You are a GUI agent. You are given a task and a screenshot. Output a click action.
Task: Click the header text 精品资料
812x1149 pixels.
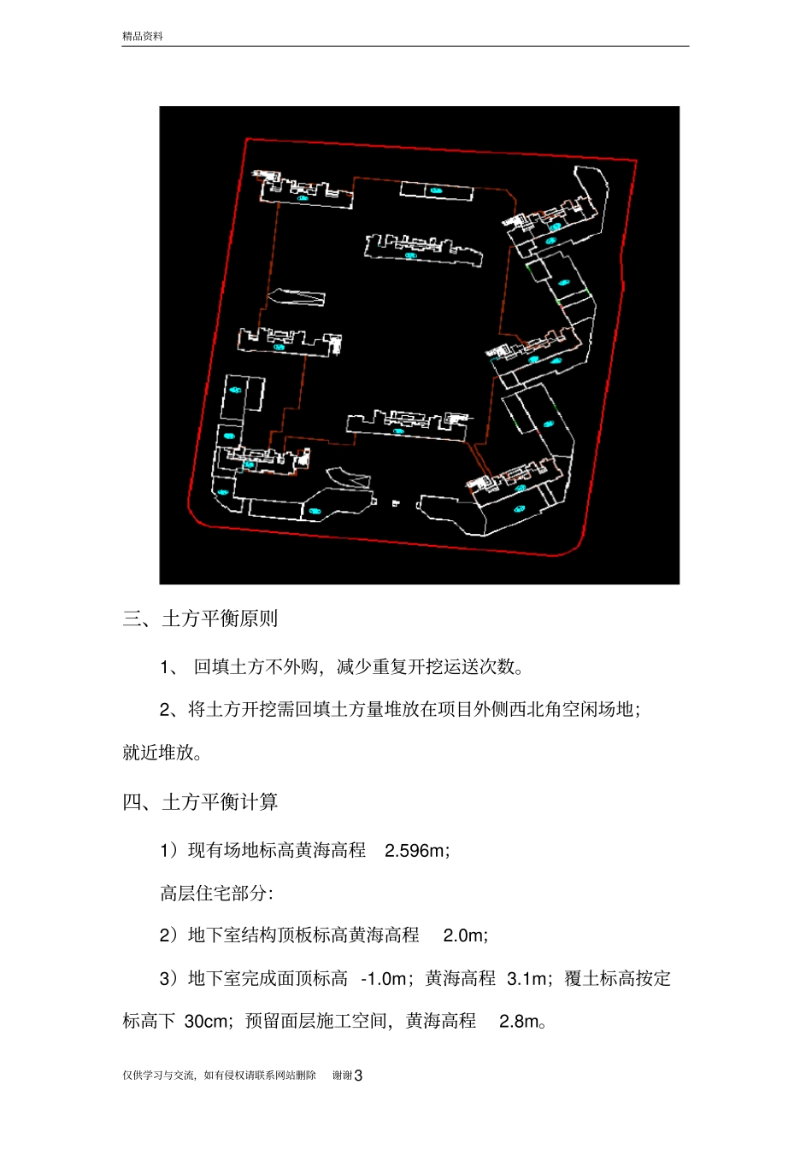point(142,36)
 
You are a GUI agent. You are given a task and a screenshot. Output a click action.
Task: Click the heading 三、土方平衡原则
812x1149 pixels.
point(200,618)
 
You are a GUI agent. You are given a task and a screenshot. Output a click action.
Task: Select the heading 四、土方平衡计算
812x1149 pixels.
point(200,802)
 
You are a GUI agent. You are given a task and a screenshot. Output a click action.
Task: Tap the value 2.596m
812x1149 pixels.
point(415,851)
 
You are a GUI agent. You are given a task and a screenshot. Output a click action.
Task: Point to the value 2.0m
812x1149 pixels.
point(463,935)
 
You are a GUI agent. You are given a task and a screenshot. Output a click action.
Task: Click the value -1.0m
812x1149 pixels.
point(384,979)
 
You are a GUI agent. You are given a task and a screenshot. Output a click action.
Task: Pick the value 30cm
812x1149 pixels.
point(206,1022)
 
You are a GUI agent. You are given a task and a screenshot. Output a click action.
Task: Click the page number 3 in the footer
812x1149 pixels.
point(358,1076)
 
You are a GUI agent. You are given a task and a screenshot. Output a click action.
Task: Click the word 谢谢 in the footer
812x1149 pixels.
point(342,1076)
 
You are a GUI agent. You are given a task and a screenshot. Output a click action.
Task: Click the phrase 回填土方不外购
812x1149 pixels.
point(256,667)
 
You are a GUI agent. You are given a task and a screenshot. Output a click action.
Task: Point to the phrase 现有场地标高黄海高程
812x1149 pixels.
point(277,851)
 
